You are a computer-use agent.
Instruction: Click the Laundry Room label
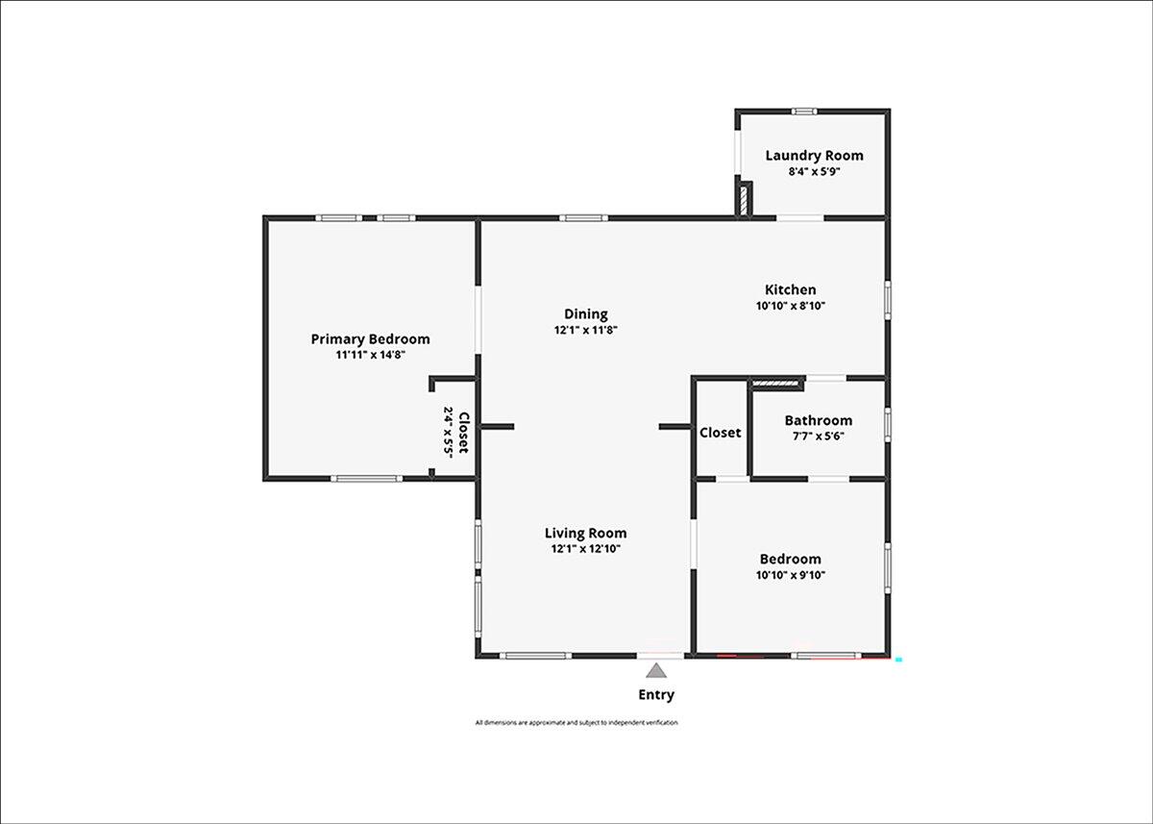point(815,156)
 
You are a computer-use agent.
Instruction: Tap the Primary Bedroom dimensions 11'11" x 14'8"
point(371,355)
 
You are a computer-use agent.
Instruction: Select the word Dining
point(586,314)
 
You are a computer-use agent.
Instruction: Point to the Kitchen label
point(790,289)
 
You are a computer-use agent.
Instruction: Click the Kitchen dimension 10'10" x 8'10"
point(791,306)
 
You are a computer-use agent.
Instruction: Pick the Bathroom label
point(819,420)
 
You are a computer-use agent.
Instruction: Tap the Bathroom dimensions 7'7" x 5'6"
point(819,437)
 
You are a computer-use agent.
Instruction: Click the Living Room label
point(586,533)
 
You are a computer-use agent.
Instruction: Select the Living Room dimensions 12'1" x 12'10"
point(586,549)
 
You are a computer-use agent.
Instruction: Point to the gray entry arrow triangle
point(656,671)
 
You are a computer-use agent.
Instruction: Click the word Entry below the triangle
point(656,695)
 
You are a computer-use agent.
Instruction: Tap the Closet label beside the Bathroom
point(720,433)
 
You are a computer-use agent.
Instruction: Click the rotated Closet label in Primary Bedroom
point(464,433)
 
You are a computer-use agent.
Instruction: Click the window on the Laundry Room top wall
point(804,112)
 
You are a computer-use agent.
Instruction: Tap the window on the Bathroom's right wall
point(888,425)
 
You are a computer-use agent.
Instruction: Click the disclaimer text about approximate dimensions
point(576,722)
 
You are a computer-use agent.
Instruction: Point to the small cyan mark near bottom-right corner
point(898,660)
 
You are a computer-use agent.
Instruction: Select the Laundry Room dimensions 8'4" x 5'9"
point(815,171)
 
